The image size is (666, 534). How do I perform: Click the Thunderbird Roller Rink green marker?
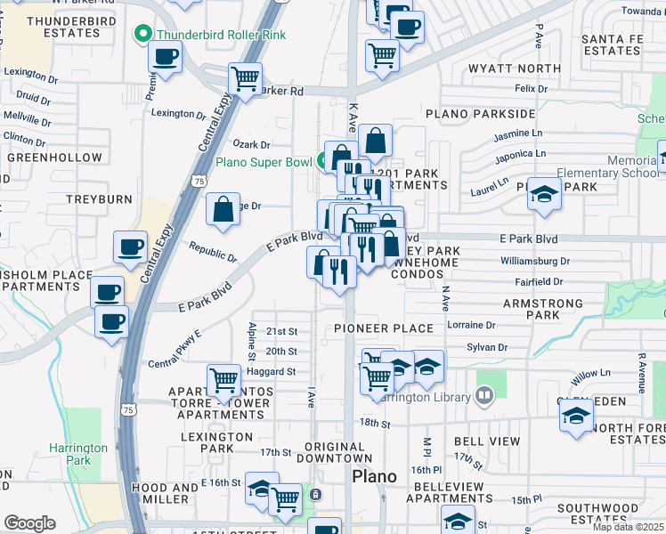point(142,35)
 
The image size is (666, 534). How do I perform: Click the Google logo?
point(29,523)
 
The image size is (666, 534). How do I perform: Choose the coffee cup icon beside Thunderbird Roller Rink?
point(166,58)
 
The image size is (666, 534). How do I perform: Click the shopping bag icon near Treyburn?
point(223,209)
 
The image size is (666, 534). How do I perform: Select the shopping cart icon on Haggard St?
point(223,380)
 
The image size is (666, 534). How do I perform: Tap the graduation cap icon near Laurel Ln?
point(544,194)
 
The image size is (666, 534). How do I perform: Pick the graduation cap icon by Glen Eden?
point(576,417)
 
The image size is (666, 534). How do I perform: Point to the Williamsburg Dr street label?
point(535,261)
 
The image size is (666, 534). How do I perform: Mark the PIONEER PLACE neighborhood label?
point(384,328)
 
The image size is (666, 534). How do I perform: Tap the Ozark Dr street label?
point(251,144)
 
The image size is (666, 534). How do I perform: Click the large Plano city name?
point(375,476)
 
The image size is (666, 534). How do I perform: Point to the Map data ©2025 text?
point(629,527)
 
